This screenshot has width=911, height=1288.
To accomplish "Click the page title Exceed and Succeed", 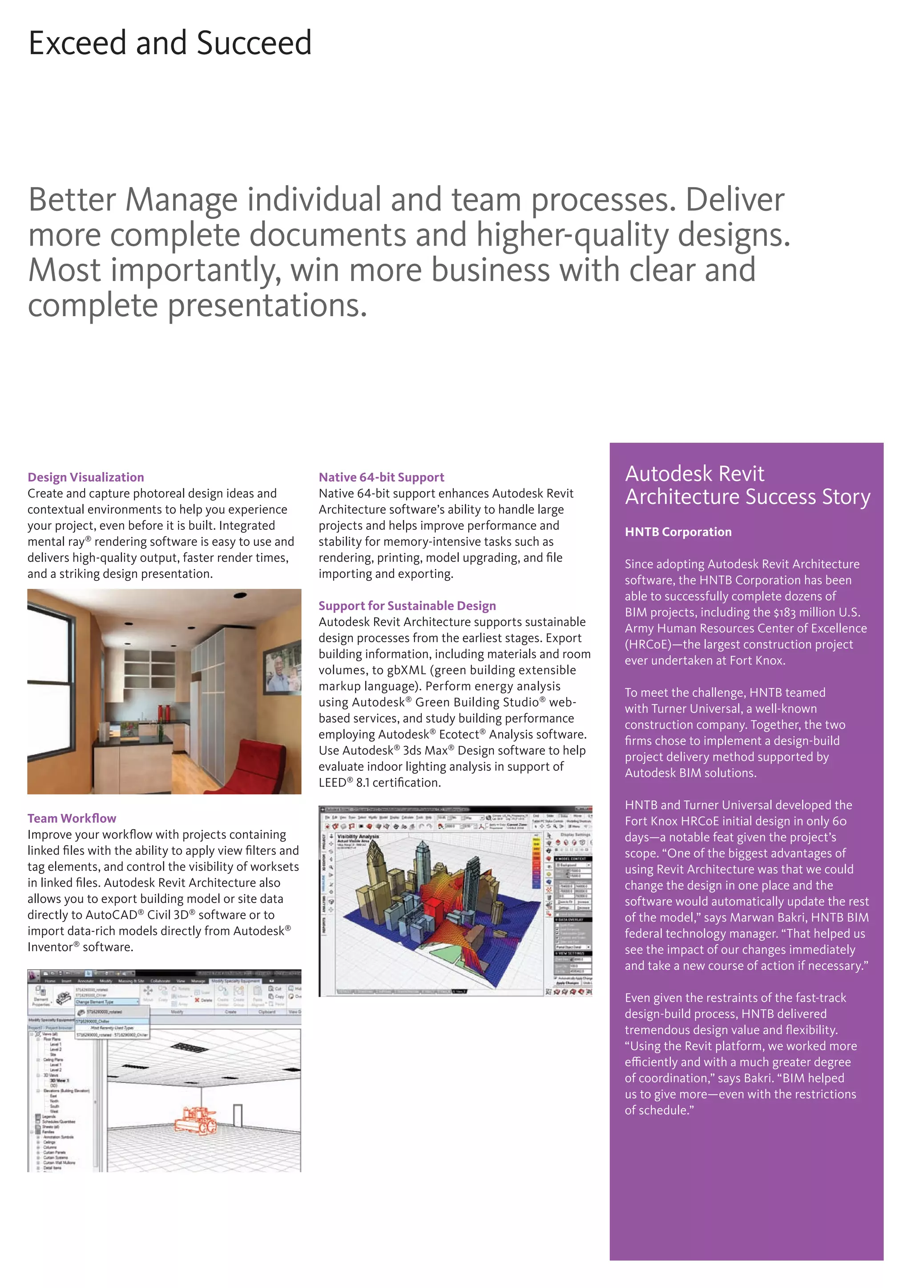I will pyautogui.click(x=170, y=43).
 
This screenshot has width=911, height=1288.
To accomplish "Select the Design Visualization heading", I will pyautogui.click(x=86, y=477).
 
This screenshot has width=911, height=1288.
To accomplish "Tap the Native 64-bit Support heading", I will pyautogui.click(x=382, y=477).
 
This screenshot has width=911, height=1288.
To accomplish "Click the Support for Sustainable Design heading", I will pyautogui.click(x=407, y=605).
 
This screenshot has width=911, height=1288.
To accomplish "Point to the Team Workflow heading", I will pyautogui.click(x=72, y=818).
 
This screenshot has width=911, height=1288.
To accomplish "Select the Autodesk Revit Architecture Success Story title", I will pyautogui.click(x=747, y=485).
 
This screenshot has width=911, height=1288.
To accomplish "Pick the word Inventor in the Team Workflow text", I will pyautogui.click(x=49, y=947).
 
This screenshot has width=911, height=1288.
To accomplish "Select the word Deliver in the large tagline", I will pyautogui.click(x=735, y=200).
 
